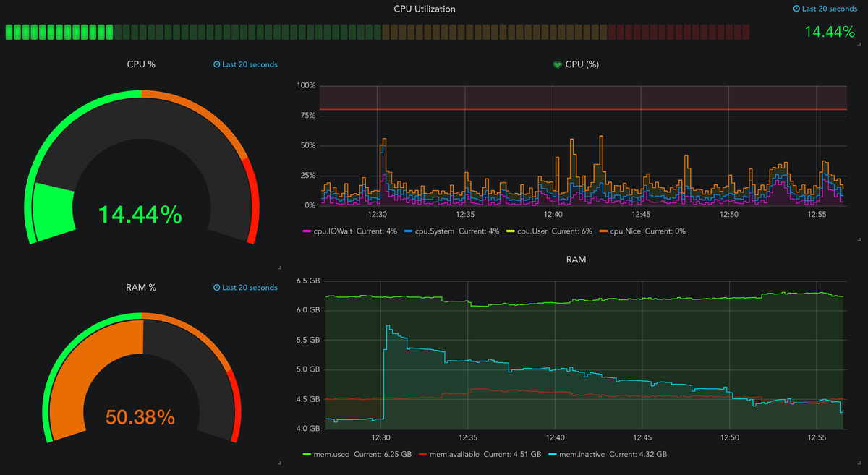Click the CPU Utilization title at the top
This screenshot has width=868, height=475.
pos(425,9)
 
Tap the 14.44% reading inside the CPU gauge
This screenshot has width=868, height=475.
pos(140,214)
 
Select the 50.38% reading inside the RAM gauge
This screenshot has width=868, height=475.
pos(140,417)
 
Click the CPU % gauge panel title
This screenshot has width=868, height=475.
pos(141,64)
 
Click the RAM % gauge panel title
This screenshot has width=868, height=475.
pos(141,287)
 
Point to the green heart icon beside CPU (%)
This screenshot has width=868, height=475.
pos(557,64)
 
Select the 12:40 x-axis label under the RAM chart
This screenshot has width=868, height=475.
pos(555,437)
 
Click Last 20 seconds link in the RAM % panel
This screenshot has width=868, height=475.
pos(245,288)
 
